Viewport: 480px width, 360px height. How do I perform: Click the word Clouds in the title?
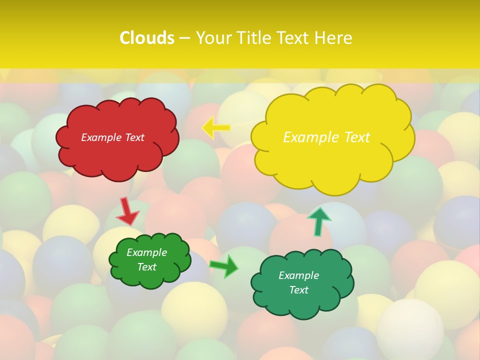[x=147, y=38]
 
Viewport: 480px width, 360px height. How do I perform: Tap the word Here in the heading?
[x=333, y=38]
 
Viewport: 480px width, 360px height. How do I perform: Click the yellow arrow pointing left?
[x=216, y=128]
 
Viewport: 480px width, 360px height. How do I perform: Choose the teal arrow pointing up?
[x=318, y=221]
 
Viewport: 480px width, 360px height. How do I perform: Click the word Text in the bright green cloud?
[x=146, y=267]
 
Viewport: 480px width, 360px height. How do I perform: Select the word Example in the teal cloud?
[x=298, y=275]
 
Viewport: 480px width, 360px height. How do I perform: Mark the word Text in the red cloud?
[x=134, y=137]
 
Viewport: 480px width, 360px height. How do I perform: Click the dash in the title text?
[x=184, y=38]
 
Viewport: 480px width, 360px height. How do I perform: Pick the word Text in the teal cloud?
[x=298, y=290]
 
